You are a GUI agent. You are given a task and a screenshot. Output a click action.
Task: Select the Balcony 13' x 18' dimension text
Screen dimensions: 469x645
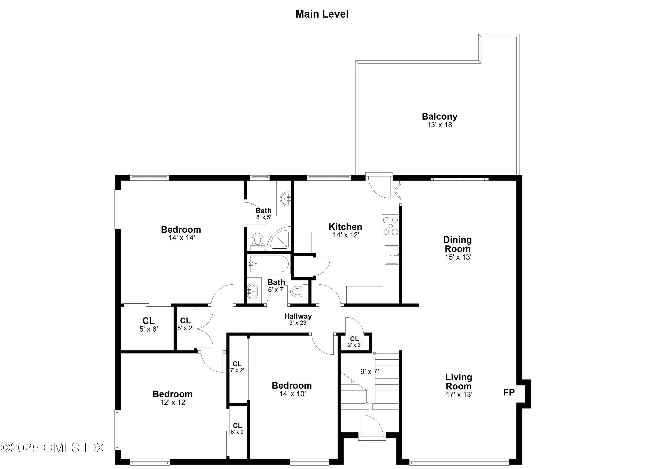pyautogui.click(x=440, y=125)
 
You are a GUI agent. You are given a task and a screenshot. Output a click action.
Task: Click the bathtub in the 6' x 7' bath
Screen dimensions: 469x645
pyautogui.click(x=269, y=264)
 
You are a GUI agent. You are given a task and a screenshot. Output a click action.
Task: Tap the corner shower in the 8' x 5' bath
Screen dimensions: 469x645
pyautogui.click(x=280, y=240)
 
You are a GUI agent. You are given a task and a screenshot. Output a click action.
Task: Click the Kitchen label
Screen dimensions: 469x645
pyautogui.click(x=345, y=227)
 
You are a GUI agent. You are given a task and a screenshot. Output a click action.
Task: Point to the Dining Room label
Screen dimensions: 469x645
pyautogui.click(x=458, y=244)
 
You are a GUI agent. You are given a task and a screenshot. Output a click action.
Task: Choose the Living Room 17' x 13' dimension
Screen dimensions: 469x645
pyautogui.click(x=459, y=394)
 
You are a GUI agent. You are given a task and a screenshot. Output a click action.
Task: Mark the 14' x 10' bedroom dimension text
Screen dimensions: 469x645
pyautogui.click(x=292, y=394)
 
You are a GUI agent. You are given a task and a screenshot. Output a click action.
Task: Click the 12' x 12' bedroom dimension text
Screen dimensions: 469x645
pyautogui.click(x=173, y=403)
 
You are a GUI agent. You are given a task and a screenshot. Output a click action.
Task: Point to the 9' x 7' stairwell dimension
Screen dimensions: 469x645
pyautogui.click(x=369, y=371)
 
